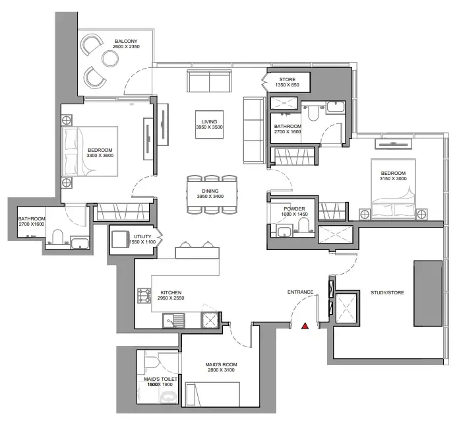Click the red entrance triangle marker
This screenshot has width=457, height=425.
[x=305, y=326]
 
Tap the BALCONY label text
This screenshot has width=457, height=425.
[x=126, y=41]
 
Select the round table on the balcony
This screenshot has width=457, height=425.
[x=110, y=59]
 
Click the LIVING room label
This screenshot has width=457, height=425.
[x=209, y=121]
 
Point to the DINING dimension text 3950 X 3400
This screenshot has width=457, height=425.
[x=210, y=196]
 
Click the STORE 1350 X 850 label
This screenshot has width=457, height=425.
[x=288, y=82]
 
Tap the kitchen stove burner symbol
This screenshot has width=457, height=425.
[x=144, y=296]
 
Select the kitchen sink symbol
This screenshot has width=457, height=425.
[x=173, y=320]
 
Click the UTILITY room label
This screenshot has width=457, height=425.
[x=142, y=236]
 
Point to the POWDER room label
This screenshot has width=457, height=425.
[x=294, y=209]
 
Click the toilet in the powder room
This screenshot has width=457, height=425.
[x=303, y=226]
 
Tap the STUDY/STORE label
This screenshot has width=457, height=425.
[x=387, y=292]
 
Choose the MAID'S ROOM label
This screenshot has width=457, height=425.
[x=221, y=365]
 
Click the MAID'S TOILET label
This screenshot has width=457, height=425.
[x=161, y=379]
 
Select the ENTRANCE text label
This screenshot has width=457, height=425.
[x=300, y=292]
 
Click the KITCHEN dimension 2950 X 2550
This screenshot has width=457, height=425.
[x=171, y=298]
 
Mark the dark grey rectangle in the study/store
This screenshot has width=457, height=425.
[x=428, y=293]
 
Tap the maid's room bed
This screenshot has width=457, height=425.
[x=213, y=394]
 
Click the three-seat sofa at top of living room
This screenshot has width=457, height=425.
[x=209, y=81]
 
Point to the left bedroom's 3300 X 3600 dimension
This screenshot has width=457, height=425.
[x=100, y=156]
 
